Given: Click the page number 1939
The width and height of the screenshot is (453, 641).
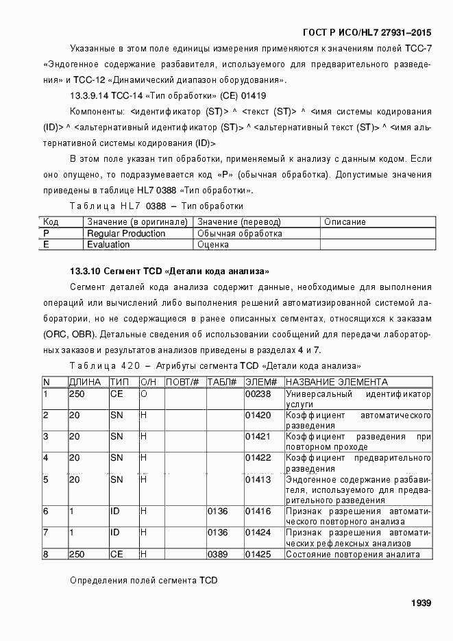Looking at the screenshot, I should click(x=421, y=603).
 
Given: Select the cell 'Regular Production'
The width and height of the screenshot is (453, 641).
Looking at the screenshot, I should click(x=126, y=234).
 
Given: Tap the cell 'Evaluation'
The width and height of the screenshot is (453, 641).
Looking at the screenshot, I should click(x=108, y=244).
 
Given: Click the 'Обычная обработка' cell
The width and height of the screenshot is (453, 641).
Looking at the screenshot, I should click(x=239, y=234).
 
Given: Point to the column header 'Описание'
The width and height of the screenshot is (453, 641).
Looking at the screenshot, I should click(x=345, y=222).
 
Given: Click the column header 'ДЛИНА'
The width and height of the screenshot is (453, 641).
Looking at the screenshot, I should click(x=85, y=382).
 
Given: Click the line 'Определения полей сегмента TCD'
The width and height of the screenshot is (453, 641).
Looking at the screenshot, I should click(x=144, y=581).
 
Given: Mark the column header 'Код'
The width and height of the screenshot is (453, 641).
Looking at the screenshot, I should click(x=51, y=222).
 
